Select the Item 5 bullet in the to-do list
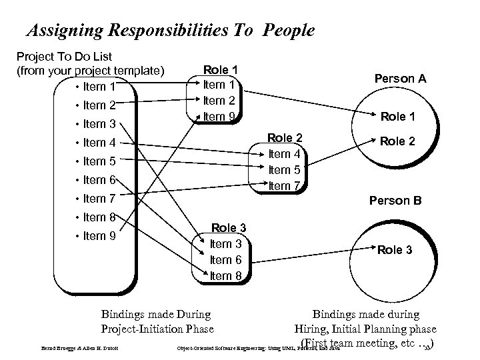point(99,161)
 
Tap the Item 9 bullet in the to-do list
point(99,235)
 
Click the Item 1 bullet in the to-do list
point(99,86)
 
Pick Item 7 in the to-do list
point(99,198)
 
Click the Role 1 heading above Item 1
point(220,69)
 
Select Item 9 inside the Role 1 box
point(220,116)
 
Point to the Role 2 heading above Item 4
point(285,138)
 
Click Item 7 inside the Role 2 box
point(285,185)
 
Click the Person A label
point(401,79)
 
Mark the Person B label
point(395,199)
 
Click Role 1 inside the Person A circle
point(398,117)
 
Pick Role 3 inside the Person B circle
point(395,250)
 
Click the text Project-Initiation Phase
point(157,329)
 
